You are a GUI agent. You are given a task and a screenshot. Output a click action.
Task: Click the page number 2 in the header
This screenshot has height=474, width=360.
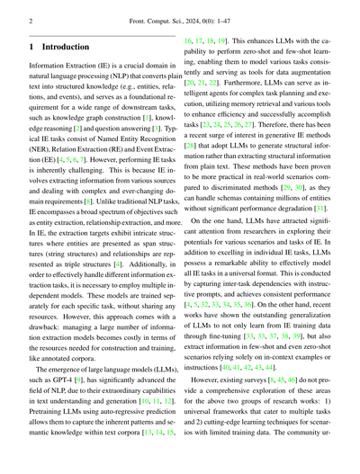coord(32,19)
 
